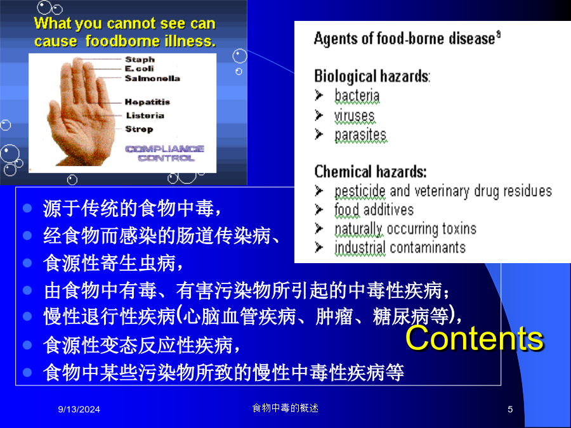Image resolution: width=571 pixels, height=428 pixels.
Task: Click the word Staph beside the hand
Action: (140, 60)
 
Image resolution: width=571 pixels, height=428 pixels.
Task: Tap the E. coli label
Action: (140, 68)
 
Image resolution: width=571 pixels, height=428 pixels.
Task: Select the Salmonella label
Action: (152, 78)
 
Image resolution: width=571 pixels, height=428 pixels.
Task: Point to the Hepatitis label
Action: (147, 102)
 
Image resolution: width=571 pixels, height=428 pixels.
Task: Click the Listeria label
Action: (145, 115)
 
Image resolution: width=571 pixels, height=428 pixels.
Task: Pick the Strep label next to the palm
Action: (139, 129)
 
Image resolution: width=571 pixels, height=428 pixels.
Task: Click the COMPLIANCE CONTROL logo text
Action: (165, 153)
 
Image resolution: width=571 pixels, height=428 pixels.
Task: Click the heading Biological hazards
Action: (372, 77)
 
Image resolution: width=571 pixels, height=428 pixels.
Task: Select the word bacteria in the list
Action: (357, 96)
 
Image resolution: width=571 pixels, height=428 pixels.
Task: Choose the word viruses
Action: (354, 116)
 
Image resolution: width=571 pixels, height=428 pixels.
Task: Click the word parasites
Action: (360, 135)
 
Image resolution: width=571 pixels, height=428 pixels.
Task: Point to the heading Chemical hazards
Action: (371, 171)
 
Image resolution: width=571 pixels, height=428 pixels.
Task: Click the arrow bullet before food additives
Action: (319, 210)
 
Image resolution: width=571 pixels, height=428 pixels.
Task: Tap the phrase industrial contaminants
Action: (400, 247)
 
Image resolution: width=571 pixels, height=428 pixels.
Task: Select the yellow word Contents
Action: (475, 339)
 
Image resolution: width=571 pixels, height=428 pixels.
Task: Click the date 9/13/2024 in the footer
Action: (79, 410)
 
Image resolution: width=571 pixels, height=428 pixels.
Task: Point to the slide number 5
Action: (510, 410)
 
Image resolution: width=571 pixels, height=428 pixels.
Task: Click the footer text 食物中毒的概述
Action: (285, 408)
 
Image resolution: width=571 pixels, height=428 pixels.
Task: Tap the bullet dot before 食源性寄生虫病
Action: (27, 263)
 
